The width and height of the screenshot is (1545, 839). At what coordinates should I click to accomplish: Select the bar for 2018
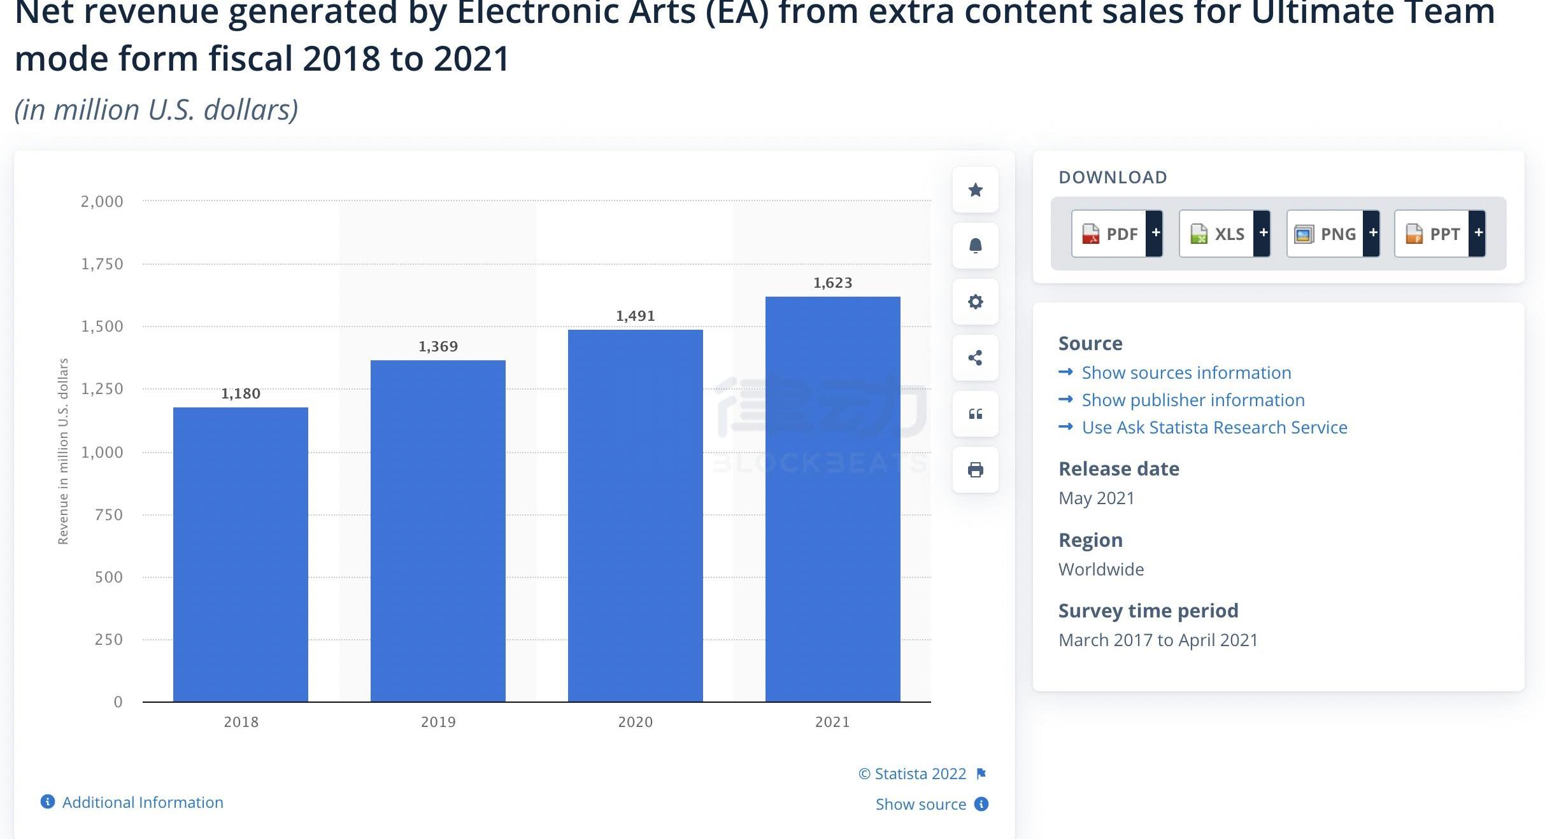pyautogui.click(x=241, y=554)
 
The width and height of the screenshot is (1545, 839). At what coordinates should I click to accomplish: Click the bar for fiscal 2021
pyautogui.click(x=832, y=499)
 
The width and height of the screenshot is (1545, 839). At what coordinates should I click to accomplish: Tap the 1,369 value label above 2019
pyautogui.click(x=438, y=346)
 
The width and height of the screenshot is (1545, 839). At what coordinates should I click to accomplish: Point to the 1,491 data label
pyautogui.click(x=635, y=316)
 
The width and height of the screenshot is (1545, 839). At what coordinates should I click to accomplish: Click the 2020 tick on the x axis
pyautogui.click(x=635, y=722)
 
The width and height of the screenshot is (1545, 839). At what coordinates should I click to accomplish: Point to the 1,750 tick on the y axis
pyautogui.click(x=102, y=264)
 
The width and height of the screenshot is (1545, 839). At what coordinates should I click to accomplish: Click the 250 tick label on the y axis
pyautogui.click(x=108, y=639)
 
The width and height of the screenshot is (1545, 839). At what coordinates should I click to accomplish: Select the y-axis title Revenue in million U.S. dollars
pyautogui.click(x=63, y=451)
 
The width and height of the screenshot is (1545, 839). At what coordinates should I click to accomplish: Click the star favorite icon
pyautogui.click(x=975, y=190)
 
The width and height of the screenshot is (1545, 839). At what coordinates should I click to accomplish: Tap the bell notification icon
pyautogui.click(x=975, y=246)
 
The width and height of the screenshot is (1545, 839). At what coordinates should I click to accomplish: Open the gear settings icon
pyautogui.click(x=975, y=302)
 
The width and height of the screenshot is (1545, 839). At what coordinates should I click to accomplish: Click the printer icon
pyautogui.click(x=975, y=470)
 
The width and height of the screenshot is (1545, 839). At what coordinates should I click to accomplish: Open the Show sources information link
pyautogui.click(x=1186, y=372)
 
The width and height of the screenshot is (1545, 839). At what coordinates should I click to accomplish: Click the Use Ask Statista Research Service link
pyautogui.click(x=1214, y=427)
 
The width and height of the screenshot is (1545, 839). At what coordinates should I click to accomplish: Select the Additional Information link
pyautogui.click(x=142, y=802)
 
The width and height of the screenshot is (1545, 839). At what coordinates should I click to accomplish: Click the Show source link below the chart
pyautogui.click(x=920, y=804)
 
